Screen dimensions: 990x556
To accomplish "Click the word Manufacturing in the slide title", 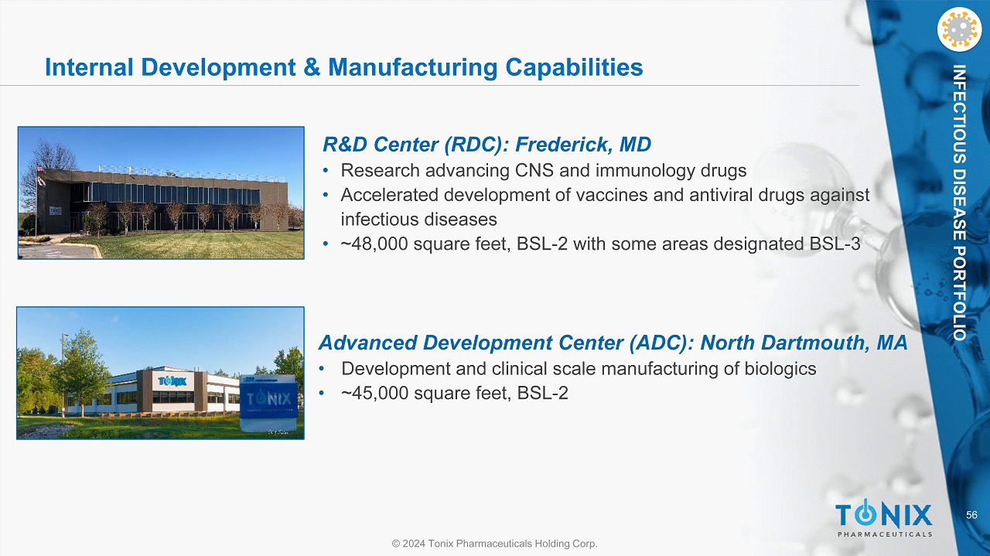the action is (413, 67).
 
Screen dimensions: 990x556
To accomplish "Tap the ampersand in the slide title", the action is (312, 67).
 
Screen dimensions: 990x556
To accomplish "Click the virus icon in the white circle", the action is (959, 29).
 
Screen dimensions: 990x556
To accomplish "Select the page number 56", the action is (971, 515).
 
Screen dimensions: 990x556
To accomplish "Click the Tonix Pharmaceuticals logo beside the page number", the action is (883, 520).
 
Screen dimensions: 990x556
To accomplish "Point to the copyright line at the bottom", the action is (494, 543).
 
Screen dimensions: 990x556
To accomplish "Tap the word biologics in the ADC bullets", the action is (780, 369).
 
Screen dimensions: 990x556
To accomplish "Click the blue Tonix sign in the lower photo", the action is (268, 401).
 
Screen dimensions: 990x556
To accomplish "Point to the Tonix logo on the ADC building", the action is (172, 381).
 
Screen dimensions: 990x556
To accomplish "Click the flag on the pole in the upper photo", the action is (41, 169).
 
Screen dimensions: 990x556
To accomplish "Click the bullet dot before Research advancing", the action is (326, 171).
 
